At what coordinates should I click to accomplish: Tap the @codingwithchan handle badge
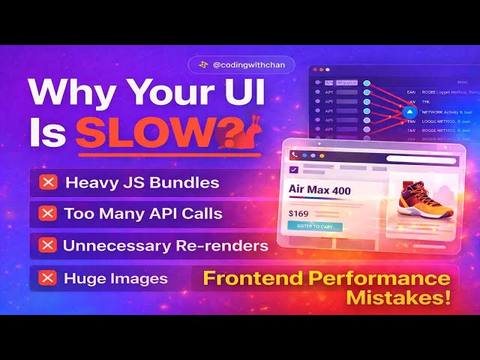[241, 65]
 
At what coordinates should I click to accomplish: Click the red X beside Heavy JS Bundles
[48, 182]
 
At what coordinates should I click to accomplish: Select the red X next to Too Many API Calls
[48, 214]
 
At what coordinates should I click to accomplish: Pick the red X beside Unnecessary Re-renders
[48, 245]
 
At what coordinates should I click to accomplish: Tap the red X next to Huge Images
[48, 278]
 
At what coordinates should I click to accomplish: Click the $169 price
[298, 214]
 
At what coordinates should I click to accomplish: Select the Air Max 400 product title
[319, 190]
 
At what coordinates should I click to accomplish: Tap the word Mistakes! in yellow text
[398, 298]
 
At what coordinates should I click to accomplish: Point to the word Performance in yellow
[391, 279]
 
